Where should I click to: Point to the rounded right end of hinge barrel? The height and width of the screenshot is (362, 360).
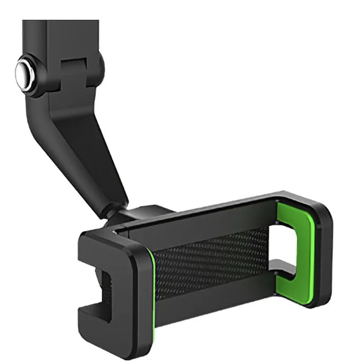pyautogui.click(x=101, y=66)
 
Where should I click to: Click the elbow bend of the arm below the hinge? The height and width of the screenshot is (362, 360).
pyautogui.click(x=58, y=114)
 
